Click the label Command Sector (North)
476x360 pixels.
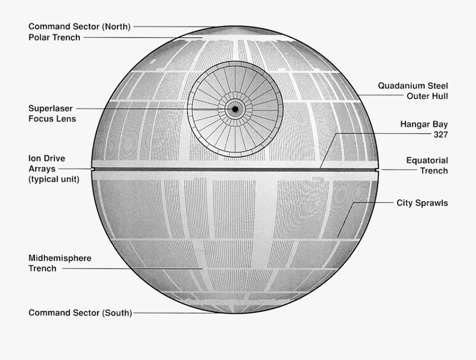pos(79,27)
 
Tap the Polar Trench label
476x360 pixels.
pos(54,38)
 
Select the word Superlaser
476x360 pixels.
pos(50,108)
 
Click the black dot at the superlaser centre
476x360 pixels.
pos(235,109)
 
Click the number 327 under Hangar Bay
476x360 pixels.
pos(441,134)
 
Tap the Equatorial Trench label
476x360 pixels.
pos(427,165)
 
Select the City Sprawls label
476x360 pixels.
pos(422,203)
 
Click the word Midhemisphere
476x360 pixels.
pos(60,259)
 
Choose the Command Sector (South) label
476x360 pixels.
pos(80,313)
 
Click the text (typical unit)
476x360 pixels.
pos(54,179)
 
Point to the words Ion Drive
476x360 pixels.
pos(47,159)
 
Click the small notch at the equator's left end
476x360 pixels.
pos(93,169)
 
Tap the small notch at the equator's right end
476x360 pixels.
pos(377,170)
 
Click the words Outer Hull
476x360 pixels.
pos(427,96)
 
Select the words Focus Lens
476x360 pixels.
pos(52,119)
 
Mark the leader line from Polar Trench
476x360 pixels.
pos(143,38)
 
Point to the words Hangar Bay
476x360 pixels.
pos(424,124)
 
